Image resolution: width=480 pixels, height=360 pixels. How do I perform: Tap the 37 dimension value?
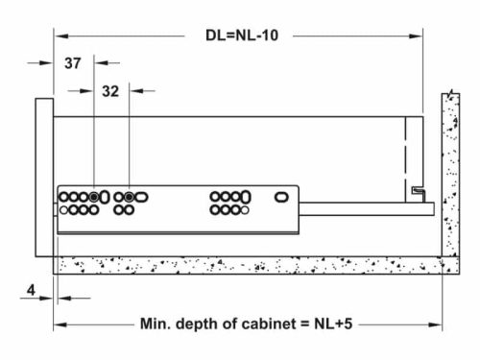(73, 63)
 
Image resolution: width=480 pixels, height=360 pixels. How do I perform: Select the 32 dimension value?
(109, 91)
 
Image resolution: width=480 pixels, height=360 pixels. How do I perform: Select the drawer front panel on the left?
(44, 178)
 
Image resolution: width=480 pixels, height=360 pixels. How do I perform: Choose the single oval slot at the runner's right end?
(281, 196)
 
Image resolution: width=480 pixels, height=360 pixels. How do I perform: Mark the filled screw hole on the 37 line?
(93, 196)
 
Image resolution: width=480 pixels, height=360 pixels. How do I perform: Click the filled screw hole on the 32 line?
(129, 196)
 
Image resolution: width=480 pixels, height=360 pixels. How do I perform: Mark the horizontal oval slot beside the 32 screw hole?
(141, 196)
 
